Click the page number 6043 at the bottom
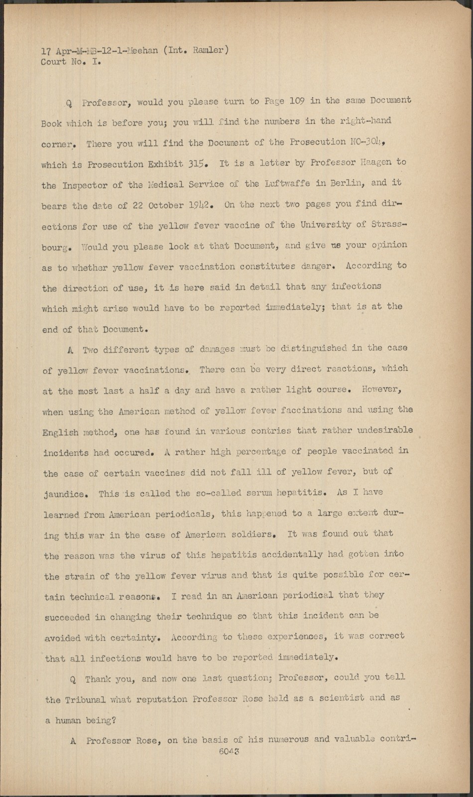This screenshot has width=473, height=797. click(229, 752)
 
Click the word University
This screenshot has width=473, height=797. click(326, 225)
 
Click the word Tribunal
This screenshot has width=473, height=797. click(85, 700)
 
